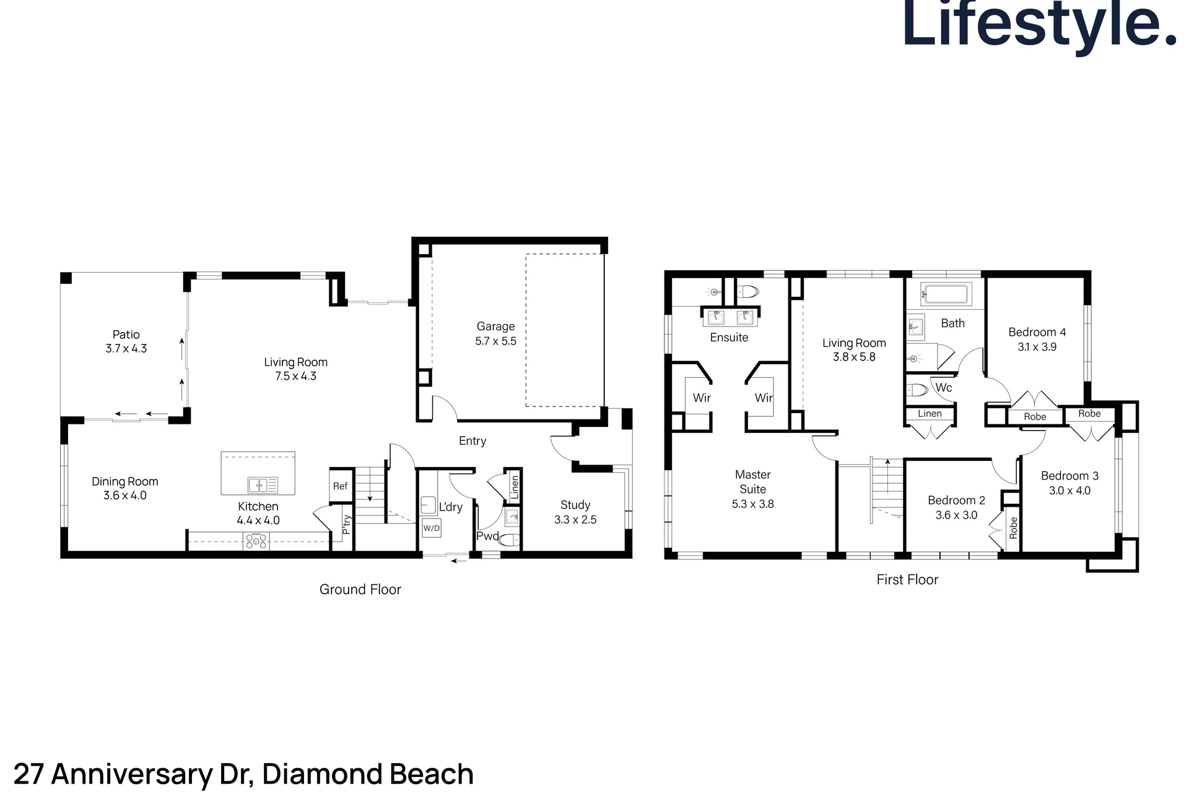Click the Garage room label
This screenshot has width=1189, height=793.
coord(495,326)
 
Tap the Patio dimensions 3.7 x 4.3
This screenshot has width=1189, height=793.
coord(126,349)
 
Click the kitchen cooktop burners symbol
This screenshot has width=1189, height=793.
coord(256,541)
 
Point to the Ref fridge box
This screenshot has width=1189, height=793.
coord(340,486)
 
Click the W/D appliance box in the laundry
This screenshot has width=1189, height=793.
coord(431,528)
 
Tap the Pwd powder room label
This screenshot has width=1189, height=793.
coord(487,537)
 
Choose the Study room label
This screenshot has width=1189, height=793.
coord(575,505)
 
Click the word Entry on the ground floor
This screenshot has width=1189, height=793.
coord(473,441)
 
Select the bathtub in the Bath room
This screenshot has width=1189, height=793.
coord(945,294)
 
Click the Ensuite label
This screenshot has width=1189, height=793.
coord(729,338)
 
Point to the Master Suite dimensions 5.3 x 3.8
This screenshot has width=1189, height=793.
coord(753,504)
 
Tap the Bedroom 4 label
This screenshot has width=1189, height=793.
coord(1037,332)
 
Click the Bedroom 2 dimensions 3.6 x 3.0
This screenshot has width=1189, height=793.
coord(956,515)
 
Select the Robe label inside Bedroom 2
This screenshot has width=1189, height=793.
coord(1013,527)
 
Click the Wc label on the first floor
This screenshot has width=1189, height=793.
coord(944,388)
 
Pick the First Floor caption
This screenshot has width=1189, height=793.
coord(907,580)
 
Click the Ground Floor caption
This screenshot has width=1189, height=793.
coord(360,590)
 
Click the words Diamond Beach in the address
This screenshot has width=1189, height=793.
coord(368,774)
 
